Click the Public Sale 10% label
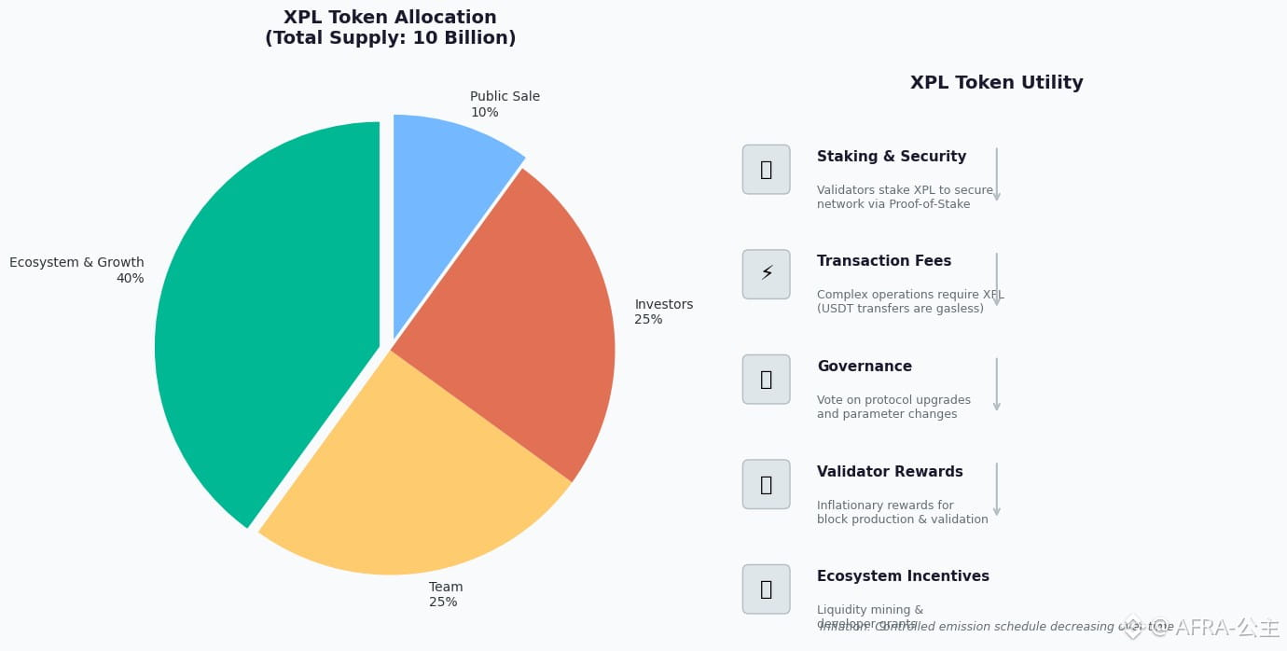[505, 104]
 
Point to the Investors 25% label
[663, 312]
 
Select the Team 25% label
[446, 594]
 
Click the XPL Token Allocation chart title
[390, 28]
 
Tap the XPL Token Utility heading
[996, 83]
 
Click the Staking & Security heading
[892, 157]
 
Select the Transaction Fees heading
[884, 261]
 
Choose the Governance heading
[865, 367]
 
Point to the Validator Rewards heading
[890, 472]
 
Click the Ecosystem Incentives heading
[903, 576]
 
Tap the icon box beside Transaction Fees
[766, 274]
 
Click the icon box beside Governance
[766, 380]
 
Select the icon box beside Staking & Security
[766, 170]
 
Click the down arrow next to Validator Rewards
[996, 489]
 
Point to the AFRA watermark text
[1211, 629]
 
